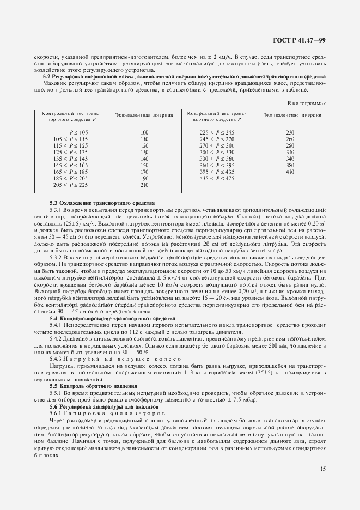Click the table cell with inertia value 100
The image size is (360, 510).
(144, 132)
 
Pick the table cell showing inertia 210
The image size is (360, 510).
(144, 185)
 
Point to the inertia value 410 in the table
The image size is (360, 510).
(290, 172)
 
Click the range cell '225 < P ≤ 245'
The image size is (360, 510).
(217, 132)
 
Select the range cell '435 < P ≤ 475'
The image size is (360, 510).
(217, 178)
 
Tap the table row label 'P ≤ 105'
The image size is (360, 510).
(78, 132)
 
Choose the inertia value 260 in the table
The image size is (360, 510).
(290, 139)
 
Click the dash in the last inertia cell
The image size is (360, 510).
(290, 178)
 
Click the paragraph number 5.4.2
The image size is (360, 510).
(57, 338)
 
